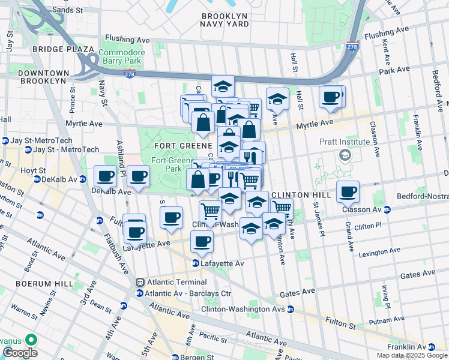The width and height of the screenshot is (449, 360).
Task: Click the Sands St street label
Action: pyautogui.click(x=67, y=10)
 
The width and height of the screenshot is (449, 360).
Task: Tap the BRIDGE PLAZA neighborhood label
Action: pyautogui.click(x=63, y=49)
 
